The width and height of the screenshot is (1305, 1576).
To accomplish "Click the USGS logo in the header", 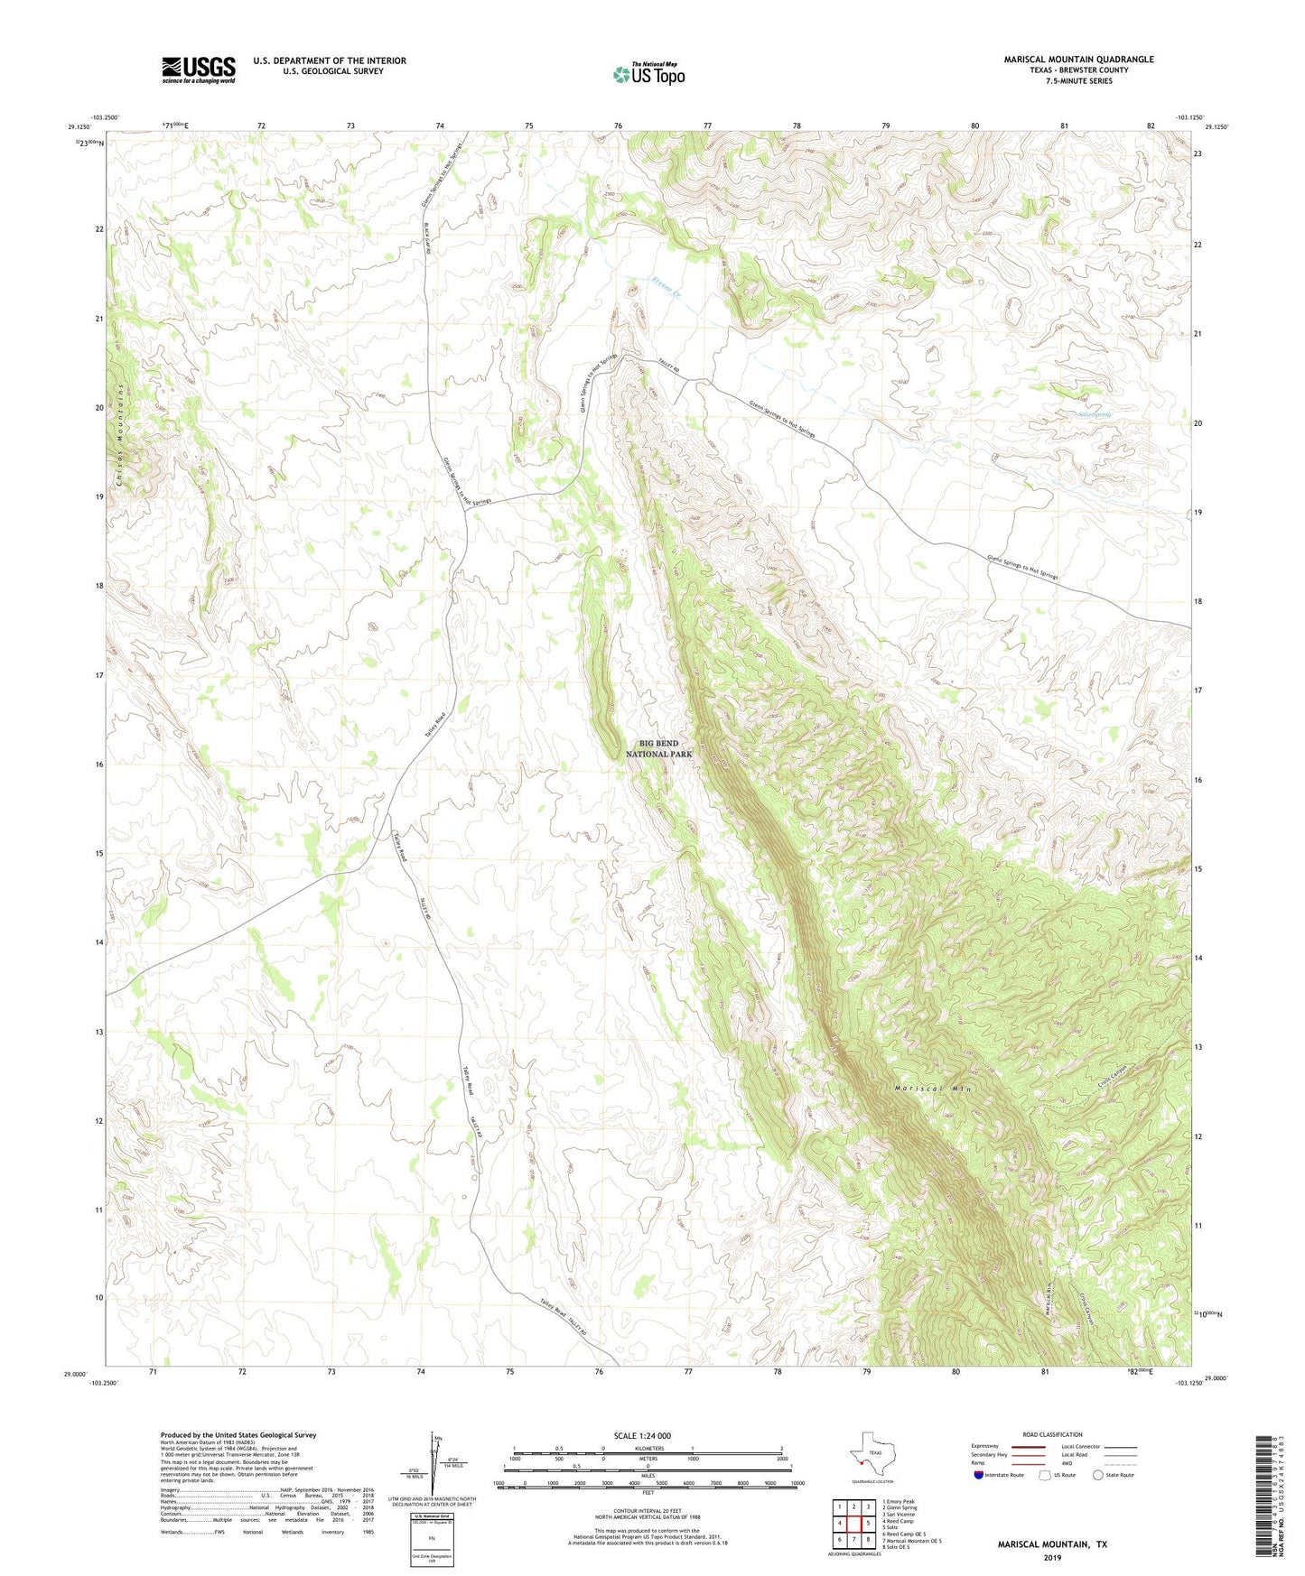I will (x=198, y=70).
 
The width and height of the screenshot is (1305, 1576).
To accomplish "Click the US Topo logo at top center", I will (x=648, y=74).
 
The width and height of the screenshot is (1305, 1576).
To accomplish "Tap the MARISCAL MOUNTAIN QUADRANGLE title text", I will (x=1078, y=60).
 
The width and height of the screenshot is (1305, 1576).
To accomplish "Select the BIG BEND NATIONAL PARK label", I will (x=659, y=748).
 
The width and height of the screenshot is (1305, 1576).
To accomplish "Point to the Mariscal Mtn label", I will (x=933, y=1089).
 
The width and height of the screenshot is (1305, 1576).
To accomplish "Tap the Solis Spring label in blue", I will (x=1095, y=414).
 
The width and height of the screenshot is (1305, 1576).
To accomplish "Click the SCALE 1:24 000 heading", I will (x=642, y=1435).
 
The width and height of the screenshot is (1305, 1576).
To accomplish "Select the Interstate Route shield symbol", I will (x=979, y=1476).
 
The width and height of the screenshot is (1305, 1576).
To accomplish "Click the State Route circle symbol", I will (x=1098, y=1476).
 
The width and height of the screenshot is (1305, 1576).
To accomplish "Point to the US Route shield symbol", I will (x=1046, y=1476).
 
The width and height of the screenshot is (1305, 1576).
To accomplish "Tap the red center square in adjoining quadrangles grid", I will (x=853, y=1524).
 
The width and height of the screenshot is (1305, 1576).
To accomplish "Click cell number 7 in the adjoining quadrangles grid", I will (x=853, y=1539).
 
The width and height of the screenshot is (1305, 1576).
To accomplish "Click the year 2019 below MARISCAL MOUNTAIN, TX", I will (x=1052, y=1557).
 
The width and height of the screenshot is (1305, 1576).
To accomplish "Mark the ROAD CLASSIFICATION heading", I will (x=1052, y=1434).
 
